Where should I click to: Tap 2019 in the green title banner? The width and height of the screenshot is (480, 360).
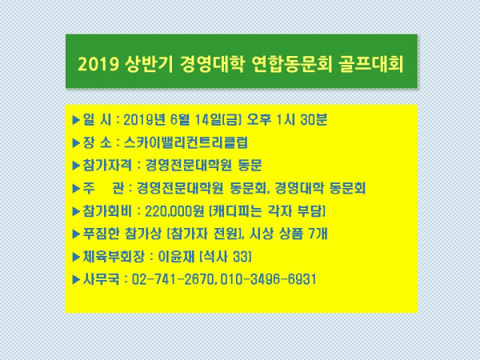(98, 65)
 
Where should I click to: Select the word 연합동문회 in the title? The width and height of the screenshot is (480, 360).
(291, 64)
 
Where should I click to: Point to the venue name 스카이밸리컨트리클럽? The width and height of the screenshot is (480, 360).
(186, 142)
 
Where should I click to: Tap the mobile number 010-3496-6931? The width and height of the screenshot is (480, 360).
(267, 279)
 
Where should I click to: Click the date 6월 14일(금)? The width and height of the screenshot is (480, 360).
(206, 120)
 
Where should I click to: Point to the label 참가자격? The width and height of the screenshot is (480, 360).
(107, 166)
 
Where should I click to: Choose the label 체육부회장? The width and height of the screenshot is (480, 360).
(114, 257)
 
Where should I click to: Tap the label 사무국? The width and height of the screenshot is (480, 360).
(101, 279)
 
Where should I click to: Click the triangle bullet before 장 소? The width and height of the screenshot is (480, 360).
(76, 143)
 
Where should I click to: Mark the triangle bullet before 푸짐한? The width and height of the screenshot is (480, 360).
(76, 234)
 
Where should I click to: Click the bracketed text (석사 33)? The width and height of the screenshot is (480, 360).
(226, 257)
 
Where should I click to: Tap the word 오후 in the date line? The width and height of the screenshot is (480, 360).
(258, 120)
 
